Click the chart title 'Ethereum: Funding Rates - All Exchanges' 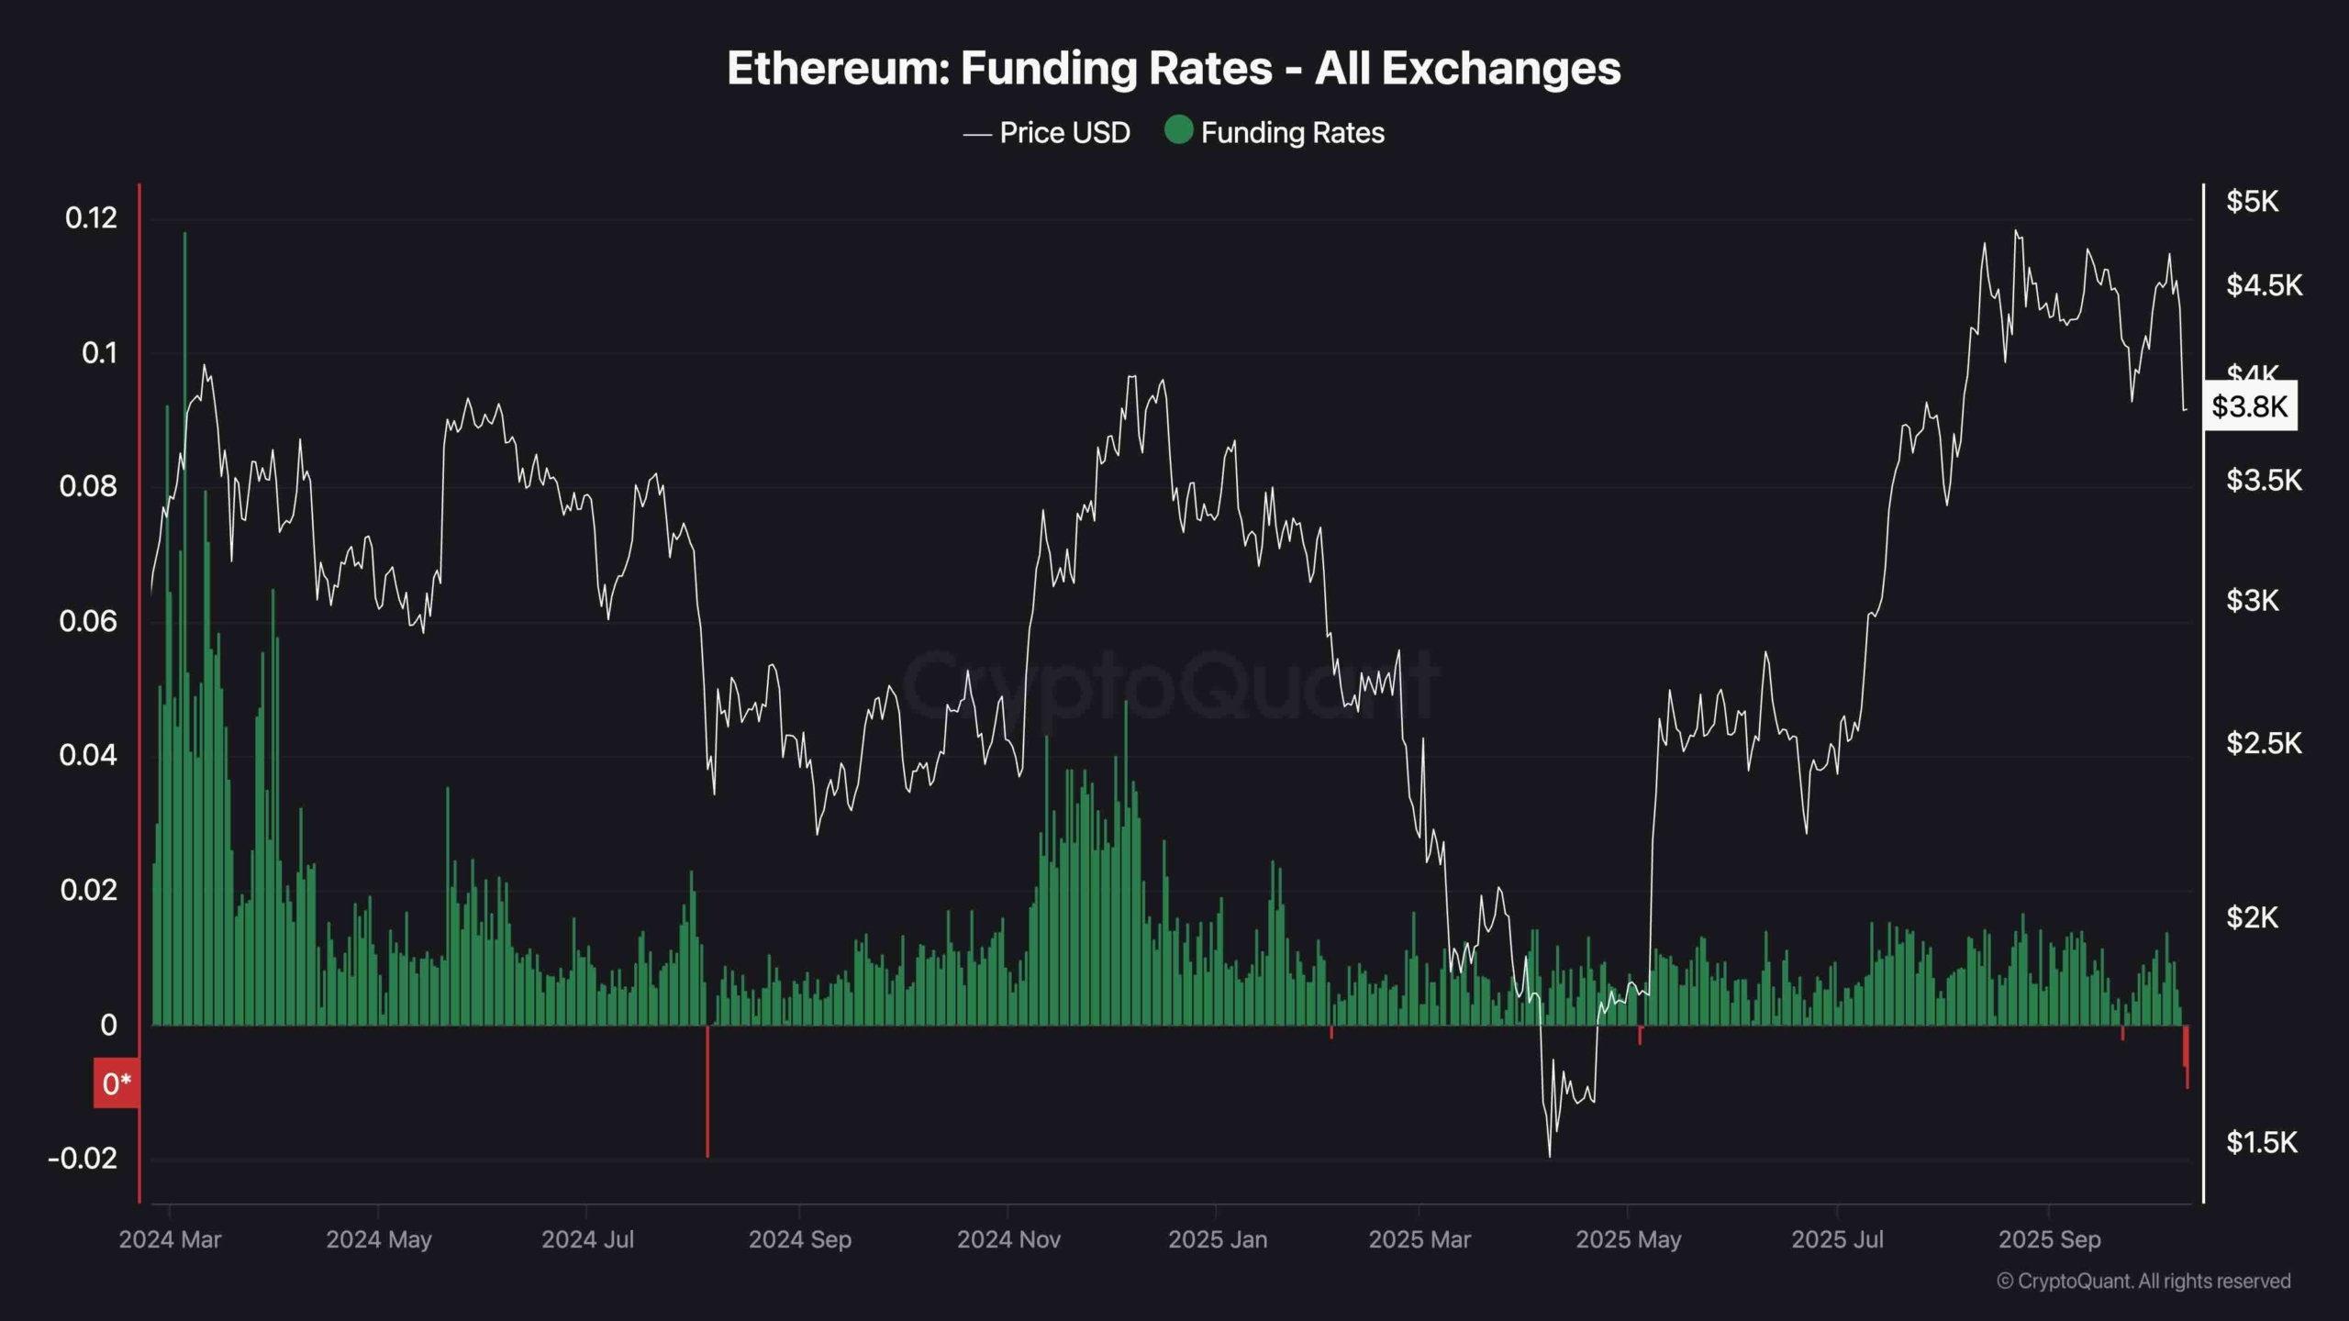tap(1174, 69)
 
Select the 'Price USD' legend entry tap(1047, 133)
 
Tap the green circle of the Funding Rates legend tap(1178, 130)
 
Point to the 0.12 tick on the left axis tap(91, 218)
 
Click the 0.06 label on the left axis tap(88, 622)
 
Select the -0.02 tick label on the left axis tap(83, 1159)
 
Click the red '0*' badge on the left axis tap(117, 1084)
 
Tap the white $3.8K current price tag tap(2249, 406)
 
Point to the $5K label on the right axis tap(2252, 202)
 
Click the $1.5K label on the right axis tap(2261, 1143)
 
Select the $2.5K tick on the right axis tap(2264, 743)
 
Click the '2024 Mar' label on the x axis tap(170, 1240)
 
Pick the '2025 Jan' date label tap(1218, 1240)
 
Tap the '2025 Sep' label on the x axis tap(2049, 1240)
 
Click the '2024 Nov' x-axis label tap(1008, 1240)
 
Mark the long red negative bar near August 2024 tap(707, 1092)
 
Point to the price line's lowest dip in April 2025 tap(1550, 1155)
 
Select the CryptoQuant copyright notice tap(2143, 1282)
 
